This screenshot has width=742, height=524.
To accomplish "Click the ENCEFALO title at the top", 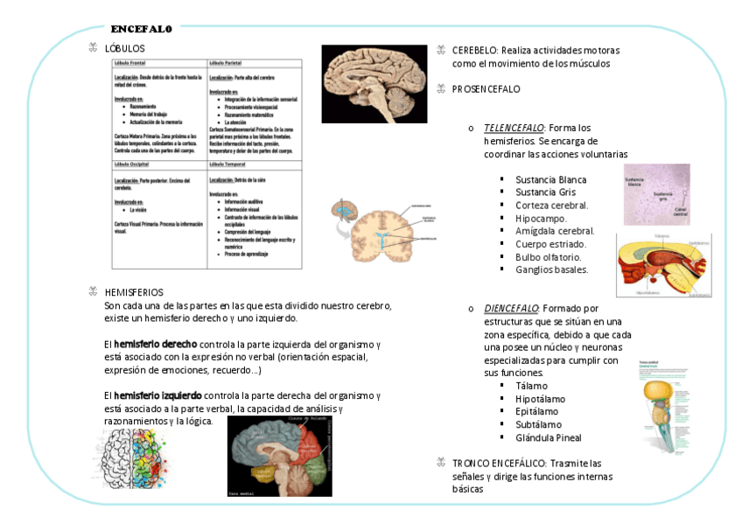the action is pos(141,29).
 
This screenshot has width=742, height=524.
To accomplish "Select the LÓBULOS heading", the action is pos(124,49).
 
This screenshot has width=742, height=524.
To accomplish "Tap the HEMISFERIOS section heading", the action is pos(133,292).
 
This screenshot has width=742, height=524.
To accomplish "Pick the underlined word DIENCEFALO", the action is pos(512,309).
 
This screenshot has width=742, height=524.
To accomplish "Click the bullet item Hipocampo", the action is pos(541,219).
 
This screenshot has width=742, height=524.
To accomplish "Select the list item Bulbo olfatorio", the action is pos(550,257).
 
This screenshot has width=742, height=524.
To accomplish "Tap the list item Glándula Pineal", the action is pos(549,437).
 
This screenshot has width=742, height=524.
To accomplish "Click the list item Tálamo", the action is pos(532,386).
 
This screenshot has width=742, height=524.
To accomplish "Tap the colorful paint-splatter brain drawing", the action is pos(133,458).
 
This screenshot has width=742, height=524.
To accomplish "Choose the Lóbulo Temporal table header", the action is pos(227,164).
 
